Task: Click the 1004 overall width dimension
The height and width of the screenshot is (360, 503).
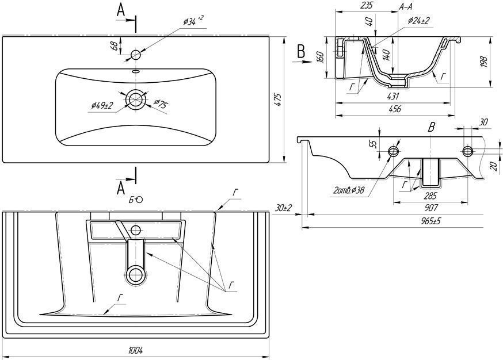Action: (136, 351)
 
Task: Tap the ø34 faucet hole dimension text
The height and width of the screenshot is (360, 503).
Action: (192, 21)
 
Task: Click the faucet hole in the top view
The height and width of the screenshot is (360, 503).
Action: (136, 55)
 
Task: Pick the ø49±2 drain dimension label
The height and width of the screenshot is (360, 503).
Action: (102, 105)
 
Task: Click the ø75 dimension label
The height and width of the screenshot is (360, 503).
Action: (160, 104)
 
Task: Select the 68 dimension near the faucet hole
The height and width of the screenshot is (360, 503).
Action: (115, 46)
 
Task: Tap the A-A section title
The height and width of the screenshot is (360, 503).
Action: (405, 7)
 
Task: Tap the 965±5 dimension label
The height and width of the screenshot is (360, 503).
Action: (424, 221)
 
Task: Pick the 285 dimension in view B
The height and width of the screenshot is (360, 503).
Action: (430, 196)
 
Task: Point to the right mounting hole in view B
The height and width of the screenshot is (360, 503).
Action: (467, 151)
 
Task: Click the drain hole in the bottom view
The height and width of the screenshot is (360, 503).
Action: (136, 275)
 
